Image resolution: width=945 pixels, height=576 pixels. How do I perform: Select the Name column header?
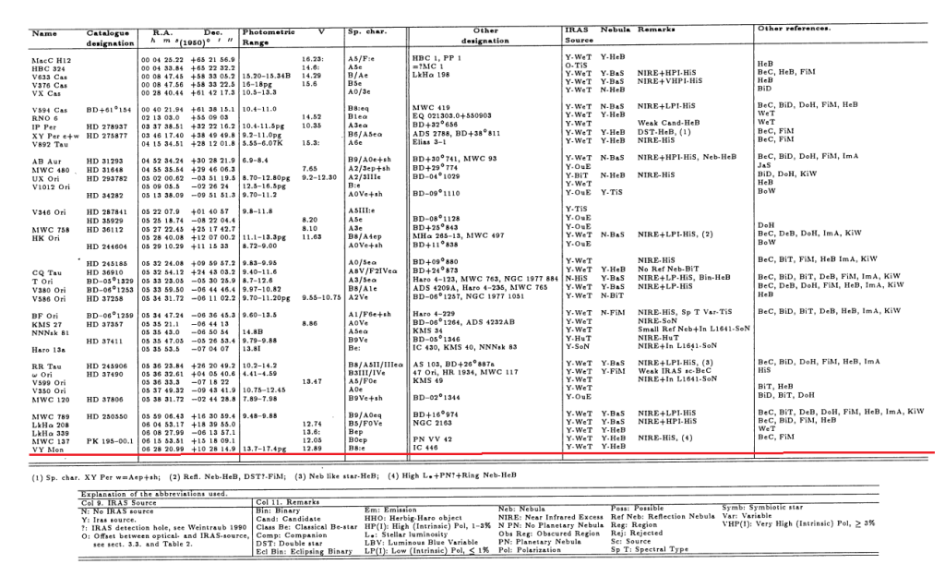click(44, 34)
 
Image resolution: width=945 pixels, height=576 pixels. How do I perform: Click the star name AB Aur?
click(46, 160)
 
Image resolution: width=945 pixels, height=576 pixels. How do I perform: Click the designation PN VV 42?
click(432, 439)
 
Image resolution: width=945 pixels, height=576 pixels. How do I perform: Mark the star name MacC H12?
click(52, 59)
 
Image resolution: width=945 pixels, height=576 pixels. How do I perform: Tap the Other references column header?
click(793, 30)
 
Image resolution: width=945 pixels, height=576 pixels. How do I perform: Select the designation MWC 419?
click(430, 109)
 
